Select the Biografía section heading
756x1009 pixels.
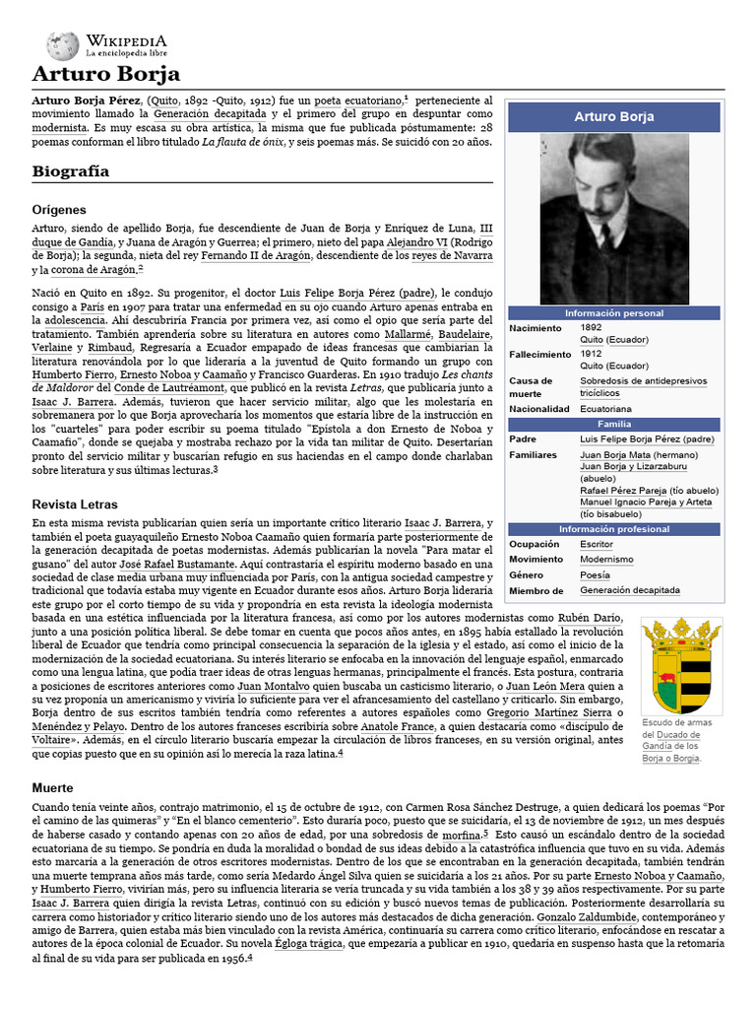pos(70,171)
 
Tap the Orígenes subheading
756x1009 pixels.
pos(59,210)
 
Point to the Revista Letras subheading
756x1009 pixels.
pos(75,504)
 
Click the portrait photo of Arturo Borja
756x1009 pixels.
pos(614,219)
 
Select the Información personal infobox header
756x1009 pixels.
pos(614,312)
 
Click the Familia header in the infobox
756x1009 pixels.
pos(614,424)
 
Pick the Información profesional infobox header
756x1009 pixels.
pos(614,529)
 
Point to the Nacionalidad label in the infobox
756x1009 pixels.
pos(538,408)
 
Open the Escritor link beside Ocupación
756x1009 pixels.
pos(596,544)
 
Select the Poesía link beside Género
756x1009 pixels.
pos(595,574)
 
